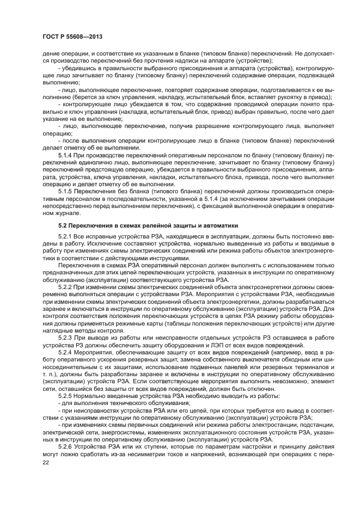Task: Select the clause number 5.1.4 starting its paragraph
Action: [x=66, y=155]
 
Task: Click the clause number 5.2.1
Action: [x=66, y=237]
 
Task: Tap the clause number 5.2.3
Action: [x=66, y=338]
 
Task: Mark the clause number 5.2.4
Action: [x=66, y=352]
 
